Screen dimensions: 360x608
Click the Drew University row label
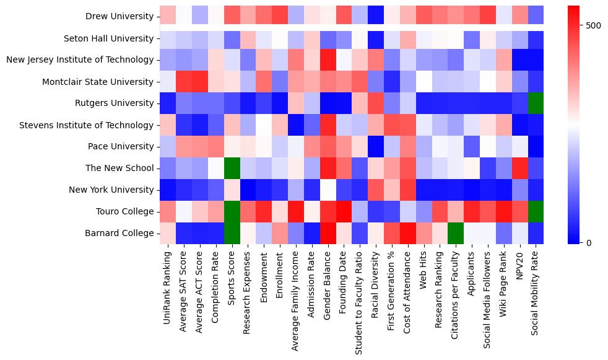point(119,16)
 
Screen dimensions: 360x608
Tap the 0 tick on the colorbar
point(588,242)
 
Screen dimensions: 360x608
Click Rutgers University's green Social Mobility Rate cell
point(536,103)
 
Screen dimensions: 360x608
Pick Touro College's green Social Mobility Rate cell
point(536,211)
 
